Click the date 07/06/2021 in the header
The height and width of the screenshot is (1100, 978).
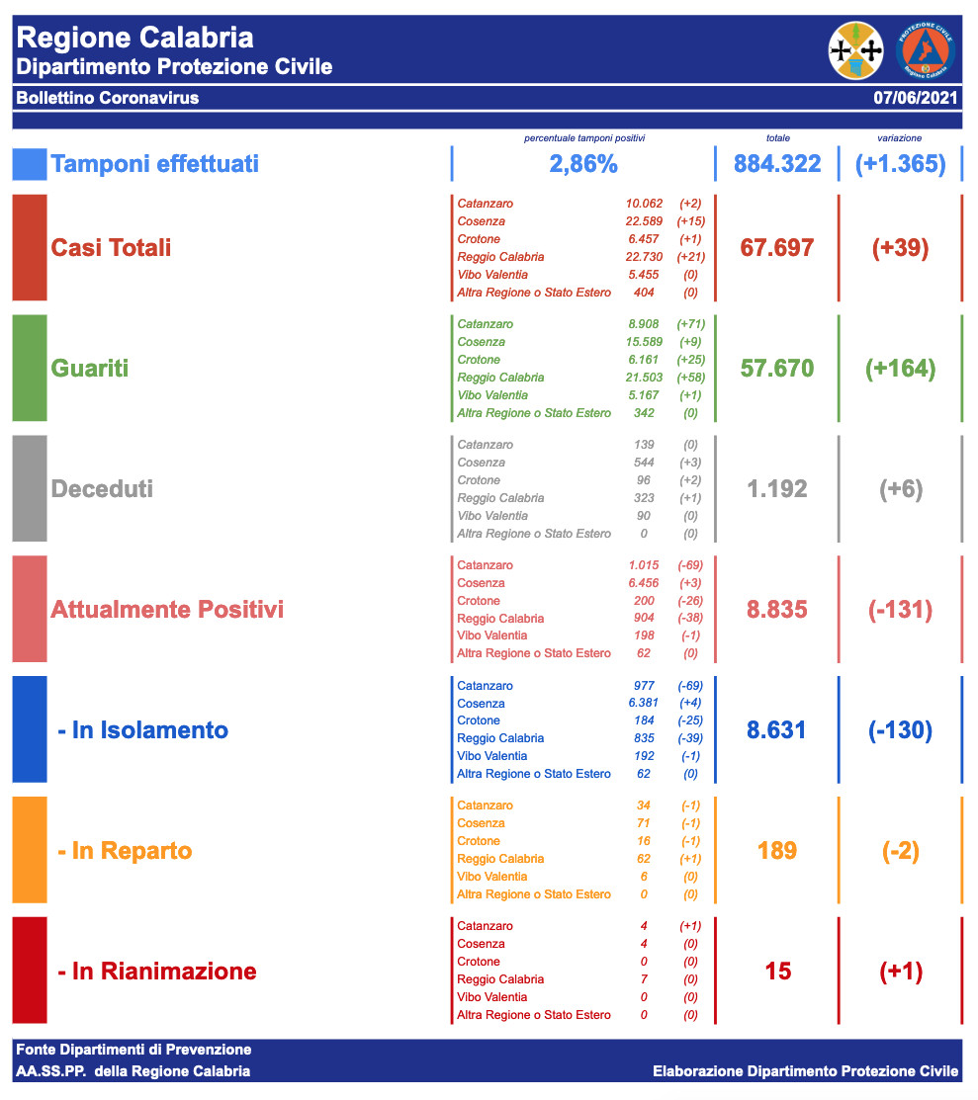click(916, 98)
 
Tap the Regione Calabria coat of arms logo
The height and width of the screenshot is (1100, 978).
click(855, 51)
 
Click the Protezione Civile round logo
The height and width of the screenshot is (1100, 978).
click(925, 51)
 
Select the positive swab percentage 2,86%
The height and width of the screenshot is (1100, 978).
click(583, 164)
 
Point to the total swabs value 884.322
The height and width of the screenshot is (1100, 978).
click(777, 164)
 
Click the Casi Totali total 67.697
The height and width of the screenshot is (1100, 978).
click(777, 247)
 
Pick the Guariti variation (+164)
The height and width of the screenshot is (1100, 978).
click(900, 369)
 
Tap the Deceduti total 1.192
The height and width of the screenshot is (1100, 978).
click(777, 489)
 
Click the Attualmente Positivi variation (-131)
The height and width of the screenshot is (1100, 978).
click(900, 609)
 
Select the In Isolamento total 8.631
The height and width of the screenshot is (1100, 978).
click(777, 730)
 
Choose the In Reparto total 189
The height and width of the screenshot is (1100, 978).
click(777, 850)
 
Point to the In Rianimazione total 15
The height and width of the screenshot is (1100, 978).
click(778, 972)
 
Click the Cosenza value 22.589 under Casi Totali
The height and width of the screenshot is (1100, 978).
click(644, 221)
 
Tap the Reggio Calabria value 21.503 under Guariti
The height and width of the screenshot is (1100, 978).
click(644, 378)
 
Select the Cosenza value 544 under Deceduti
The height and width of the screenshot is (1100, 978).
click(644, 463)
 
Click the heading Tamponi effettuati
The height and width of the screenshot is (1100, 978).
click(155, 164)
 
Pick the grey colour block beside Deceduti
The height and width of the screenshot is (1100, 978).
click(30, 489)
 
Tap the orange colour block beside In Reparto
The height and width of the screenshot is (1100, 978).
click(30, 850)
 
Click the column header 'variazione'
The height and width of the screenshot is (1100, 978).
click(900, 138)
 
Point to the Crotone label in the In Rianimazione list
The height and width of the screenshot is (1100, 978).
click(479, 962)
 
